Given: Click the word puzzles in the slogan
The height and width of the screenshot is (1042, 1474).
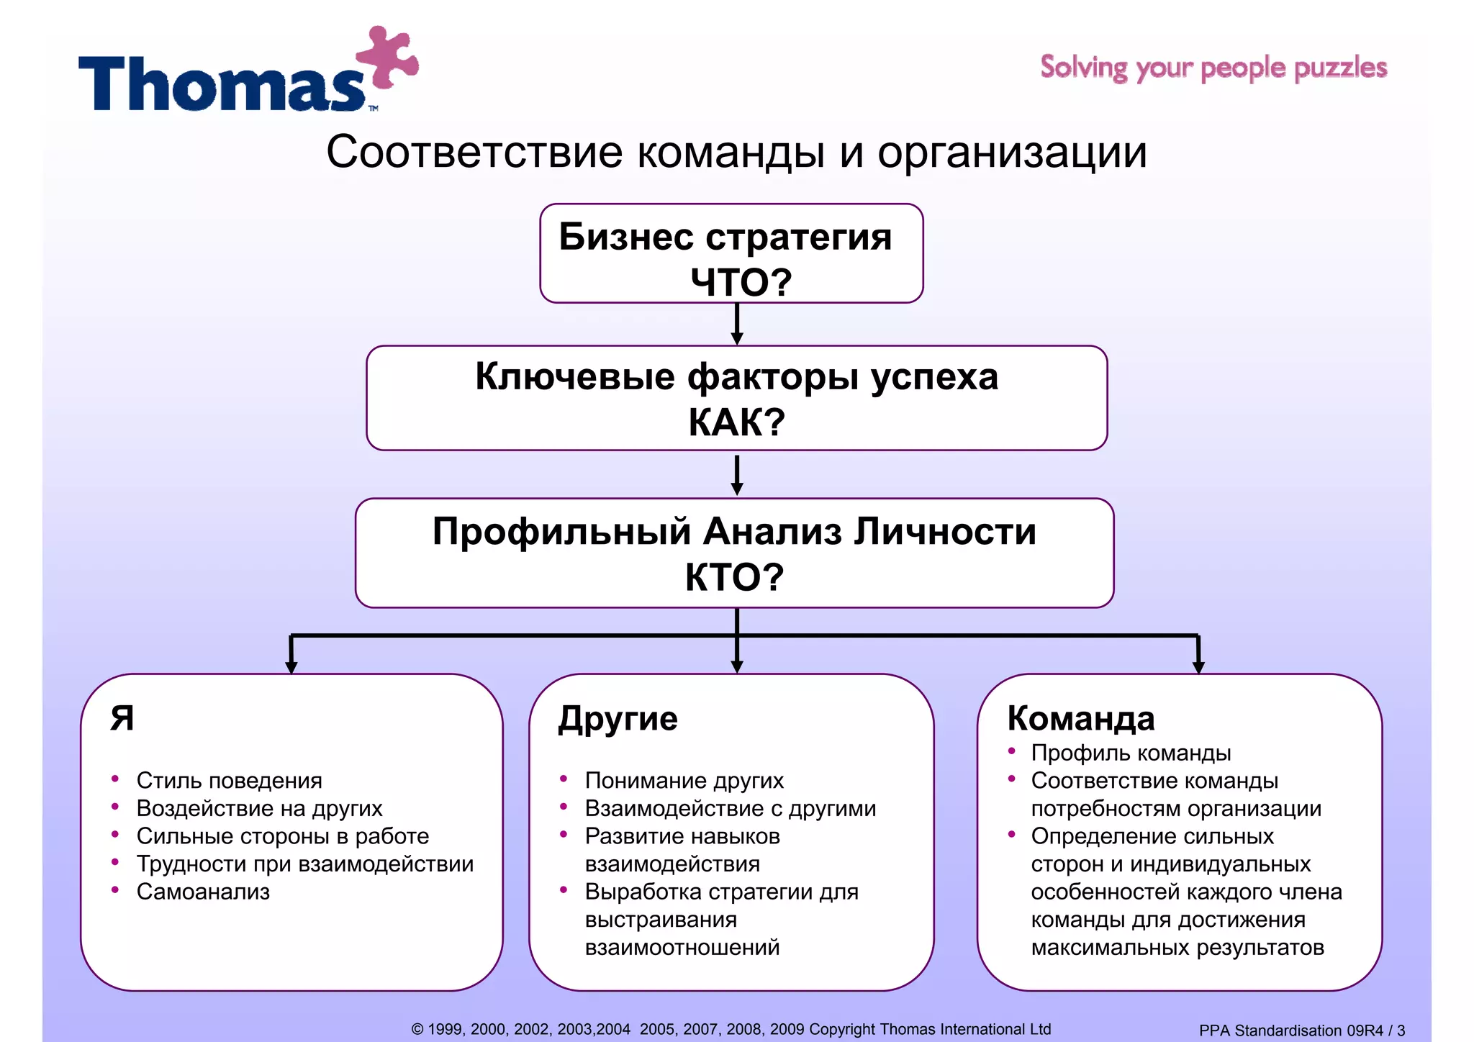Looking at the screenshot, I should [x=1340, y=68].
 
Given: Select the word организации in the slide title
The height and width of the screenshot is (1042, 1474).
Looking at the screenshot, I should [x=1011, y=153].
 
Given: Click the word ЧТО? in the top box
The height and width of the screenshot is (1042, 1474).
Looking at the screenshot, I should [x=741, y=282].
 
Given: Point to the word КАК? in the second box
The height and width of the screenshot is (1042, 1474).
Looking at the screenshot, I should [x=736, y=422].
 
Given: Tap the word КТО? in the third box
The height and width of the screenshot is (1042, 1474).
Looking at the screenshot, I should [x=734, y=577].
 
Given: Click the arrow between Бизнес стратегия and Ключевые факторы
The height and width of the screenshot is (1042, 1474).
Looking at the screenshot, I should [x=736, y=325].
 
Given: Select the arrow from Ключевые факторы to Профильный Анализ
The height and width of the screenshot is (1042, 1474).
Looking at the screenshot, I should [x=736, y=475].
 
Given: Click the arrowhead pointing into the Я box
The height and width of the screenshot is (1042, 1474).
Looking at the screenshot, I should [x=291, y=666].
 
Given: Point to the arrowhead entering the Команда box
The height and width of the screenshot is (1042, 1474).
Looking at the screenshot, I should [x=1198, y=666].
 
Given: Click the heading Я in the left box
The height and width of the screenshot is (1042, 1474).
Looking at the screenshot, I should [x=122, y=718].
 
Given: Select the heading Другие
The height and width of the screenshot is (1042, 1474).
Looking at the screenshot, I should [x=618, y=719].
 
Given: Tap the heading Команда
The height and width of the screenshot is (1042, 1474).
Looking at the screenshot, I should [x=1080, y=718].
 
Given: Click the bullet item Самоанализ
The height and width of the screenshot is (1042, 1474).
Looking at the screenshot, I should [x=203, y=892].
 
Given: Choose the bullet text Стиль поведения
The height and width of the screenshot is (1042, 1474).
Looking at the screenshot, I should [x=229, y=780].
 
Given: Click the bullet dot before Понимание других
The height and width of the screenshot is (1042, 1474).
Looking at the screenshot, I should [x=564, y=779].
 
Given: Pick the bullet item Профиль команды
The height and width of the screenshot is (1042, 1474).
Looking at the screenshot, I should [x=1130, y=753].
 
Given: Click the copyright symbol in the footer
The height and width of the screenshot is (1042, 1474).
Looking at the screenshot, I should [x=417, y=1030].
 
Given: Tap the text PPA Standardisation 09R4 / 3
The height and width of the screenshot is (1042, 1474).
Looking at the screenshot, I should [x=1301, y=1030].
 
